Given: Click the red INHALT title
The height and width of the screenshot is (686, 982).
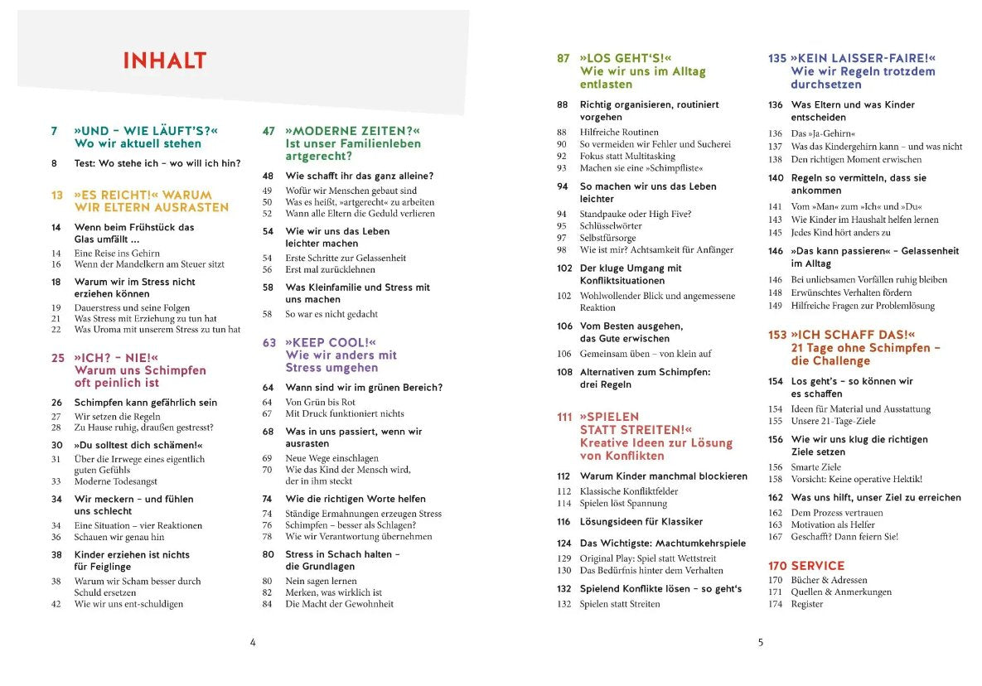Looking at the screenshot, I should tap(164, 61).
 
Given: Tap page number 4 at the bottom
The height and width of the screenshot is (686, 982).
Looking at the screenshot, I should tap(253, 642).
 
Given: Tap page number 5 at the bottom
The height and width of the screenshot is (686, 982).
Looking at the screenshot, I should tap(761, 642).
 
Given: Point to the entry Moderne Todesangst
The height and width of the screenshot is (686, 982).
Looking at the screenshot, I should tap(115, 481).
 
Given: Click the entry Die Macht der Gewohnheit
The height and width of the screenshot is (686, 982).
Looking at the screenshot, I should tap(340, 604).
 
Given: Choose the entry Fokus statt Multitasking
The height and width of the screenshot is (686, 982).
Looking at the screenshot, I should tap(627, 156).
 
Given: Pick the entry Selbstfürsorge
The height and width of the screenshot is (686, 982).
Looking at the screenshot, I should tap(607, 238).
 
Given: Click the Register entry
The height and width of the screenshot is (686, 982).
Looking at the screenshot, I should tap(807, 604).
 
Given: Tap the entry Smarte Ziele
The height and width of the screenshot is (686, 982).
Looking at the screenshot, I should tap(816, 467).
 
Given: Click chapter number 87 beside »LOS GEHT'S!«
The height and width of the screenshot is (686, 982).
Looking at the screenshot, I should tap(564, 59).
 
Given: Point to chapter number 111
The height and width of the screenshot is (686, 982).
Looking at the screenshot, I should tap(564, 418).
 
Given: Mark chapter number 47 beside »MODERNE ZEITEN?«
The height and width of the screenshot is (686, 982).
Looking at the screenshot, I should tap(268, 132).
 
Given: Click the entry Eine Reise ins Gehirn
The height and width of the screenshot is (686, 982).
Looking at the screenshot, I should tap(117, 253).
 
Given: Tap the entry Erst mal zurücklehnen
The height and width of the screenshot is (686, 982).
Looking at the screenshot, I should tap(330, 269).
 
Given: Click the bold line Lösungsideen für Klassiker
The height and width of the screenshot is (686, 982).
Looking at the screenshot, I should tap(641, 522).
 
